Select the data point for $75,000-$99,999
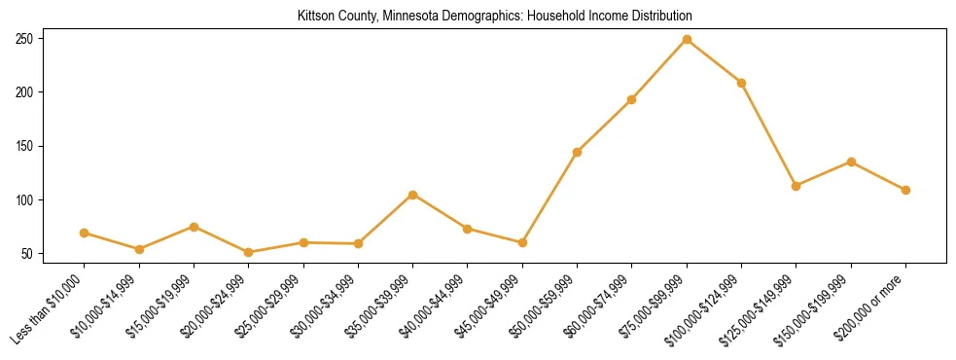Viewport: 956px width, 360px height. coord(687,40)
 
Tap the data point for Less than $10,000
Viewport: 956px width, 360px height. coord(84,233)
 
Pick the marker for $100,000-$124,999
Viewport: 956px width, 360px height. coord(741,83)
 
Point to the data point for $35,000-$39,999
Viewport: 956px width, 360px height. coord(412,195)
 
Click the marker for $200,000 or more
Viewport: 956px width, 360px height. coord(905,190)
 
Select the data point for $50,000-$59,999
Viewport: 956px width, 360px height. coord(577,152)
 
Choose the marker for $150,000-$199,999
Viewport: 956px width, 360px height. coord(851,162)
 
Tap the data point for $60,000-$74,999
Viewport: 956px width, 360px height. coord(632,99)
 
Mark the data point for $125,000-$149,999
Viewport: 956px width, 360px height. coord(796,186)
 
